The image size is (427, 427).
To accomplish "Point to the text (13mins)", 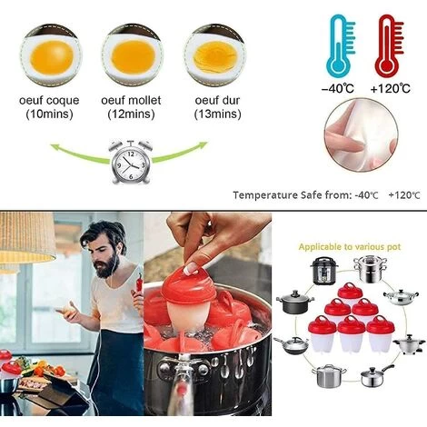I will tap(214, 114).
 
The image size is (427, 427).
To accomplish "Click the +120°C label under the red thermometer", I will tap(392, 88).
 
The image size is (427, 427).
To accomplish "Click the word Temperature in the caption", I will tap(267, 194).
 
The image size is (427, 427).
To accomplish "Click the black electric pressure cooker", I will tap(325, 271).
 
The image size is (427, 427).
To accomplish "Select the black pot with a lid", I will tap(293, 302).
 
